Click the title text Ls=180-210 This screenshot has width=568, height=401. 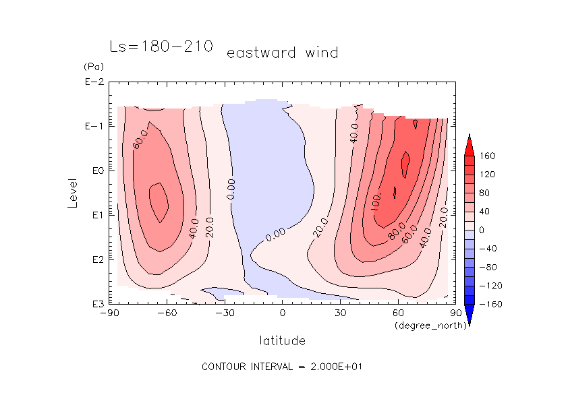161,47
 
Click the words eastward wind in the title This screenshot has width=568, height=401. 282,53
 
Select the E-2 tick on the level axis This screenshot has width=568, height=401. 94,82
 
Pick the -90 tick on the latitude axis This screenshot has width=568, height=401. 109,313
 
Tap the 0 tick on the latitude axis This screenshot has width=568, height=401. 283,313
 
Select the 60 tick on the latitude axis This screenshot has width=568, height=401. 398,313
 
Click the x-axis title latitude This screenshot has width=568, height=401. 283,340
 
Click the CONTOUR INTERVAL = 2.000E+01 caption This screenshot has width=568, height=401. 283,367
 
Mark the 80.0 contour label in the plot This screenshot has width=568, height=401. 396,230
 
